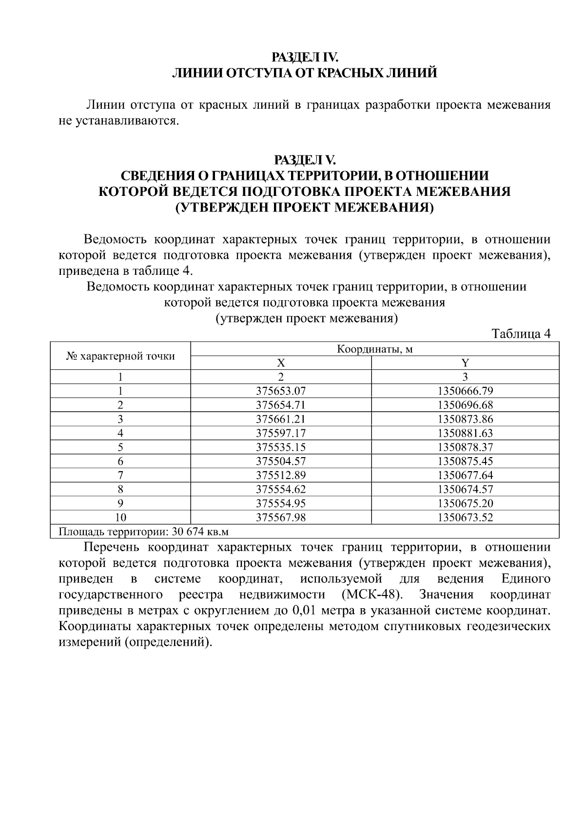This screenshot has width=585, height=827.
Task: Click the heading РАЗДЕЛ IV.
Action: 305,57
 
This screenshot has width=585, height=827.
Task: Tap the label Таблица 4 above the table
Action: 521,334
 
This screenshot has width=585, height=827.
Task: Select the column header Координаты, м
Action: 374,349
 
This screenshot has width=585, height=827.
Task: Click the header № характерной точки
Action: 120,356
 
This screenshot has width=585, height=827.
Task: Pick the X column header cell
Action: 281,363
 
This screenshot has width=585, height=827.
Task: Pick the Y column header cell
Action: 465,363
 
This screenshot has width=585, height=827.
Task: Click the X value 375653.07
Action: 281,391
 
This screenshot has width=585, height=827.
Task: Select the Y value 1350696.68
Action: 465,405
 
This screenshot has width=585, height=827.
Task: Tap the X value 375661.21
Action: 281,419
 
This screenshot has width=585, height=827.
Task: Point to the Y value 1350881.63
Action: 465,433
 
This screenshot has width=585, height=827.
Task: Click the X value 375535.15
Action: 281,447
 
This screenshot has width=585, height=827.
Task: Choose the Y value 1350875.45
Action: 465,461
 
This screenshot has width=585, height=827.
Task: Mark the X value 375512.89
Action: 281,475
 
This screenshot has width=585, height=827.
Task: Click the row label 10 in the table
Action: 120,518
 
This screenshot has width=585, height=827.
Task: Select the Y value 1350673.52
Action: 465,518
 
